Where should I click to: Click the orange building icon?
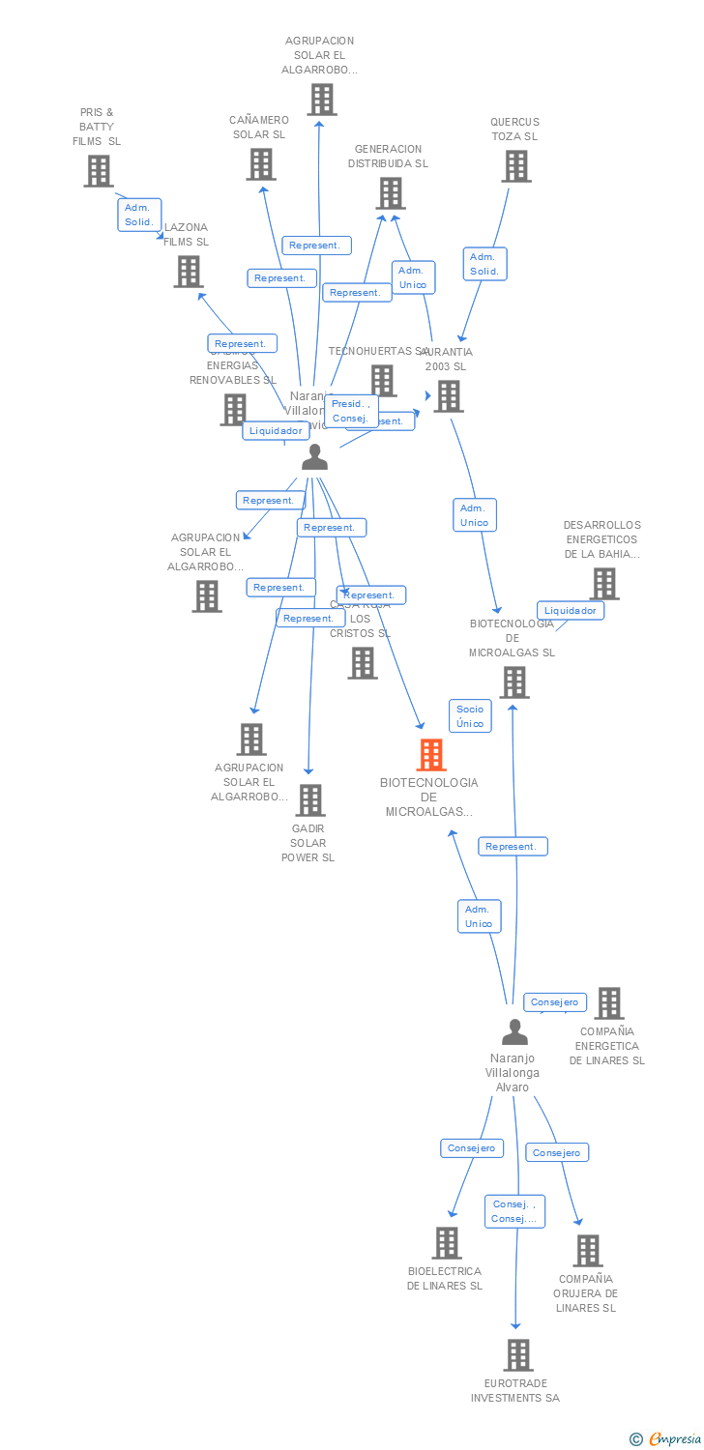(430, 755)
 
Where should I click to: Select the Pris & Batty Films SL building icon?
(98, 171)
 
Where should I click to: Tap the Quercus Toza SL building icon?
(515, 166)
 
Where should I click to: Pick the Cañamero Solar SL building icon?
(260, 164)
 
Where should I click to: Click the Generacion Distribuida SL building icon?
(390, 193)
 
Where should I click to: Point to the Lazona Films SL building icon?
(188, 272)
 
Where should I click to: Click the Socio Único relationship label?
(470, 716)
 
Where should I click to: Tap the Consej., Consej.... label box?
(515, 1211)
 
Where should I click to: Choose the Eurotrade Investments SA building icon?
(517, 1355)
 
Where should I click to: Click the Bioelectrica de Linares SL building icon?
(446, 1243)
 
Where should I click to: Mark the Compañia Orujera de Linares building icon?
(587, 1251)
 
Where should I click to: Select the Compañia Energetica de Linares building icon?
(608, 1003)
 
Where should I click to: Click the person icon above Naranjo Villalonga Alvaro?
(514, 1031)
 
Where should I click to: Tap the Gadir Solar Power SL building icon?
(309, 800)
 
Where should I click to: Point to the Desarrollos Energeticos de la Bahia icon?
(603, 583)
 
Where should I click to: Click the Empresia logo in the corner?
(666, 1438)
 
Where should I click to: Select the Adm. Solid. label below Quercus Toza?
(484, 264)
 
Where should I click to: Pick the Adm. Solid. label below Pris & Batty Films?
(139, 215)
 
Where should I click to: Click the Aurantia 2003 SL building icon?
(448, 396)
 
